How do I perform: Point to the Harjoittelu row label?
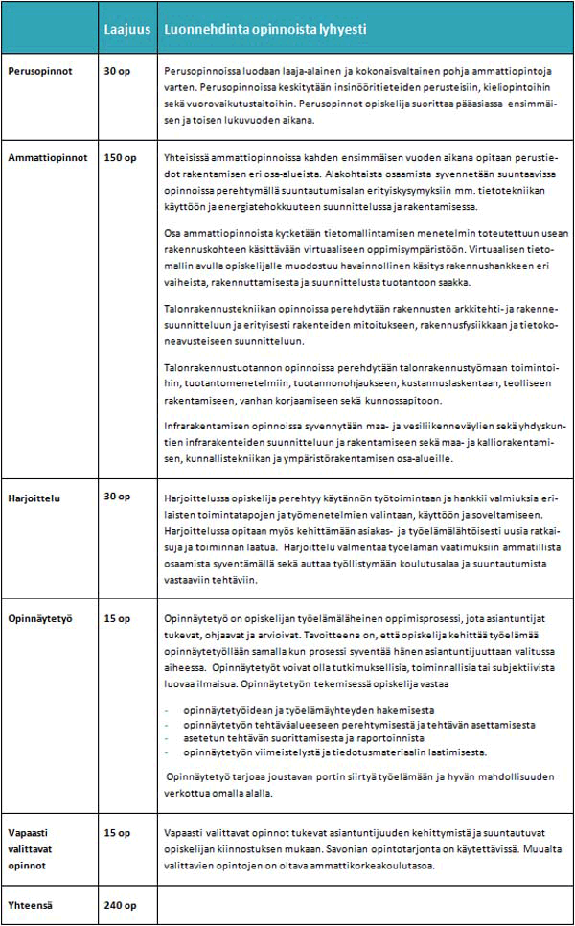35,496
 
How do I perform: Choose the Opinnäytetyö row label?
40,618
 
